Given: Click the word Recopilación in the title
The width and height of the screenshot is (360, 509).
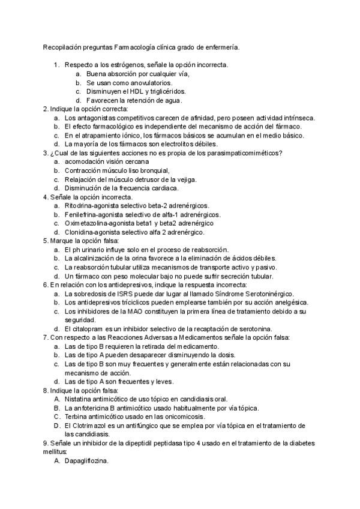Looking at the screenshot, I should tap(62, 46).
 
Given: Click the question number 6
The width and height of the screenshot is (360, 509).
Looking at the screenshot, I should tap(45, 285).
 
